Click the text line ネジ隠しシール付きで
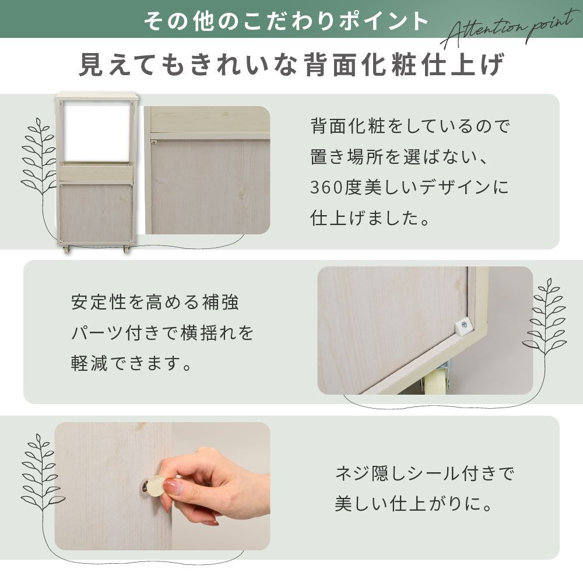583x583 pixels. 424,473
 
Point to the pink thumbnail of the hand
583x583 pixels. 173,487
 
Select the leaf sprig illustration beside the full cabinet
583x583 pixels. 38,157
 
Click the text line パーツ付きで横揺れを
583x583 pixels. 162,333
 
